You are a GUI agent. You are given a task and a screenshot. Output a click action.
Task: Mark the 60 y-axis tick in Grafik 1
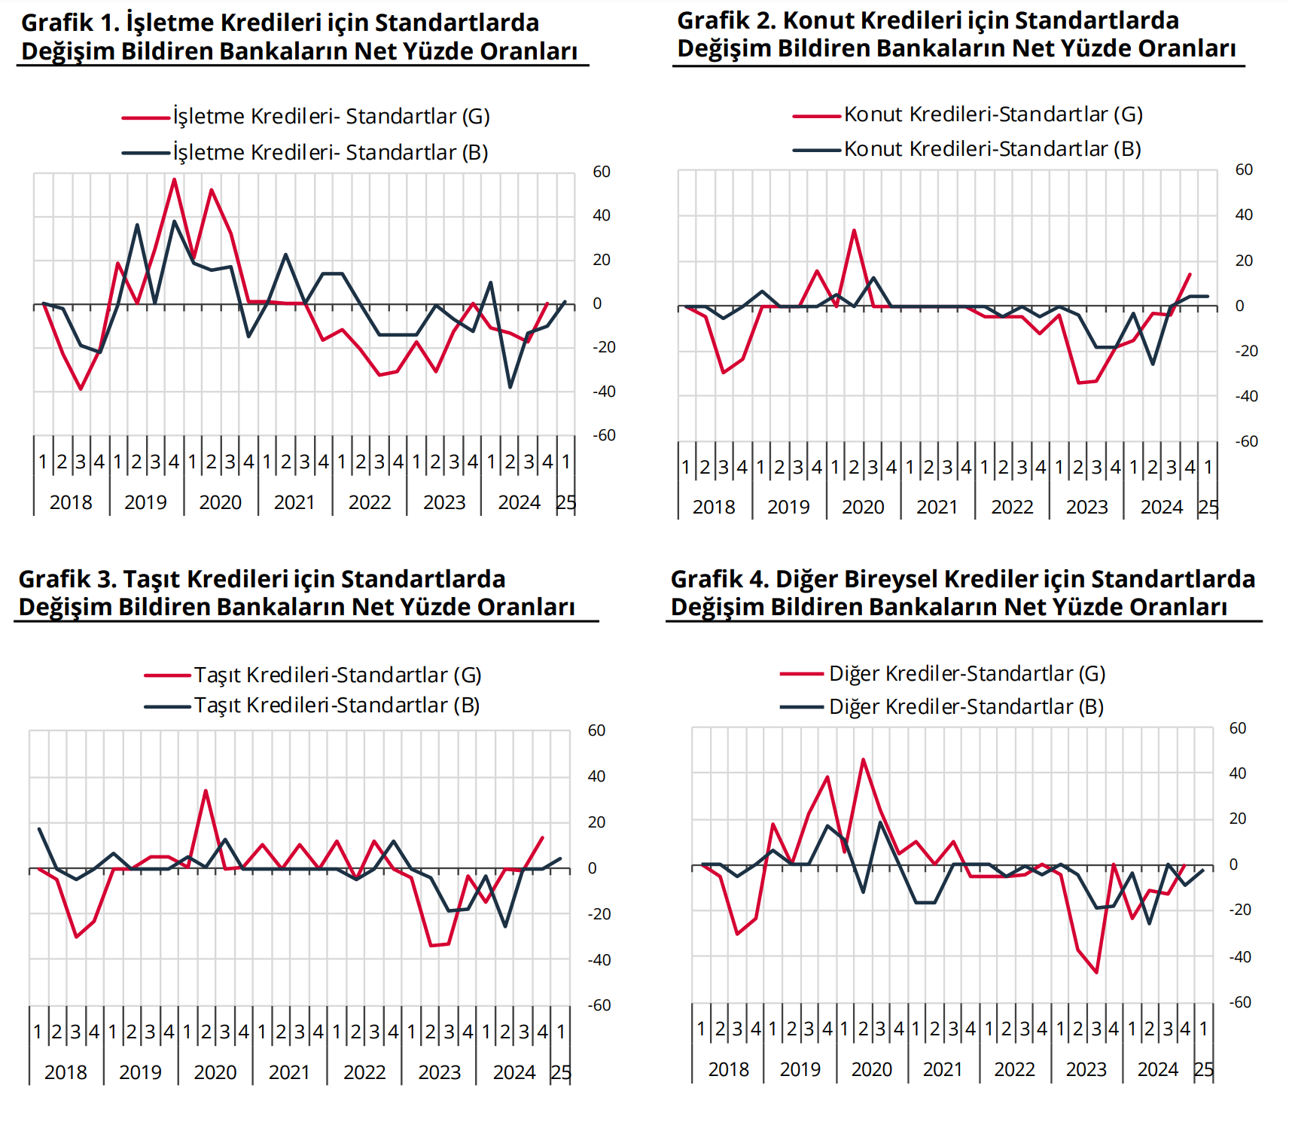pyautogui.click(x=602, y=172)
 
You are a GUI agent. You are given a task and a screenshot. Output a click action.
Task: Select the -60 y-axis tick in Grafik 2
pyautogui.click(x=1247, y=442)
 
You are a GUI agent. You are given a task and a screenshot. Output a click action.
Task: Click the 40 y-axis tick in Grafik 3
pyautogui.click(x=596, y=776)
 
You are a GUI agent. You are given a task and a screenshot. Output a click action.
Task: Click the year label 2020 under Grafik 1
pyautogui.click(x=220, y=502)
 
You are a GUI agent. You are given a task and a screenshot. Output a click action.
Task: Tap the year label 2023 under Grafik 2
pyautogui.click(x=1086, y=508)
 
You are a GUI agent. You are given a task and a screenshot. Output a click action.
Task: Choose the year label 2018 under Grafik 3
pyautogui.click(x=66, y=1072)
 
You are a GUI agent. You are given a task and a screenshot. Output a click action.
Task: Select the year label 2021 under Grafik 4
pyautogui.click(x=943, y=1070)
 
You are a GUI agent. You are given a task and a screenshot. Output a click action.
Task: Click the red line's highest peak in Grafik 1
pyautogui.click(x=174, y=179)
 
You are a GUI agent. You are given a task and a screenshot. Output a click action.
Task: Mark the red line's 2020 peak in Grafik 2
pyautogui.click(x=854, y=230)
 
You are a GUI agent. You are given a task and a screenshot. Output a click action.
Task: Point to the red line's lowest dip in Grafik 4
pyautogui.click(x=1096, y=972)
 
